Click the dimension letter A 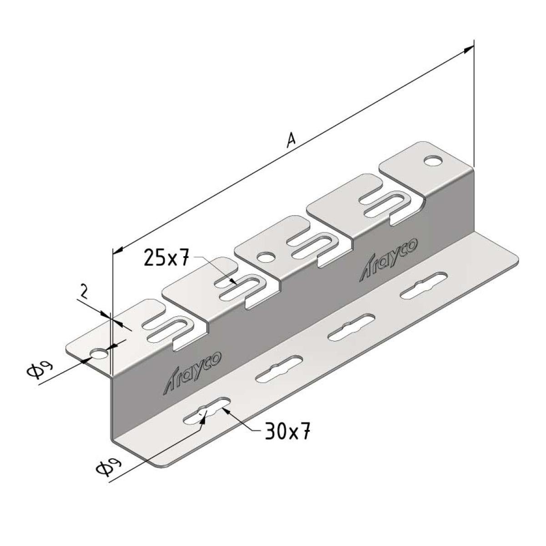click(291, 140)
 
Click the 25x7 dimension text click(166, 257)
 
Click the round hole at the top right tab click(433, 161)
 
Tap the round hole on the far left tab click(99, 354)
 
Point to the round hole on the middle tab click(266, 257)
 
